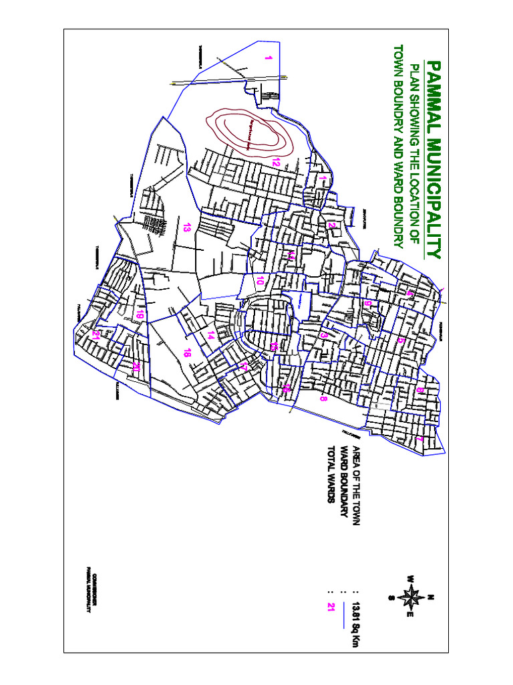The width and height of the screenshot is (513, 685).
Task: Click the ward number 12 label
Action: (x=275, y=161)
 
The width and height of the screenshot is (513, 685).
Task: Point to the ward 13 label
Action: (x=187, y=227)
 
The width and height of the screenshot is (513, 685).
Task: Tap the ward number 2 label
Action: (x=331, y=225)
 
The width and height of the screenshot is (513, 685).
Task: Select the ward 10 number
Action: (x=260, y=281)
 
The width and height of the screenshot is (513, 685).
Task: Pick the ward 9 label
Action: (x=367, y=304)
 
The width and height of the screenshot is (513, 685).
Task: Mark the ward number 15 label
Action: (x=274, y=346)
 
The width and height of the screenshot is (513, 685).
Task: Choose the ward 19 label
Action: (x=140, y=314)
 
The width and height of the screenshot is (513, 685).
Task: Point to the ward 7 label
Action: (x=419, y=438)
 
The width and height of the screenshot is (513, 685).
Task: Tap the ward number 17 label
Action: (x=244, y=367)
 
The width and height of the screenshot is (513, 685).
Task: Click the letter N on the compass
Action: (x=432, y=597)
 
